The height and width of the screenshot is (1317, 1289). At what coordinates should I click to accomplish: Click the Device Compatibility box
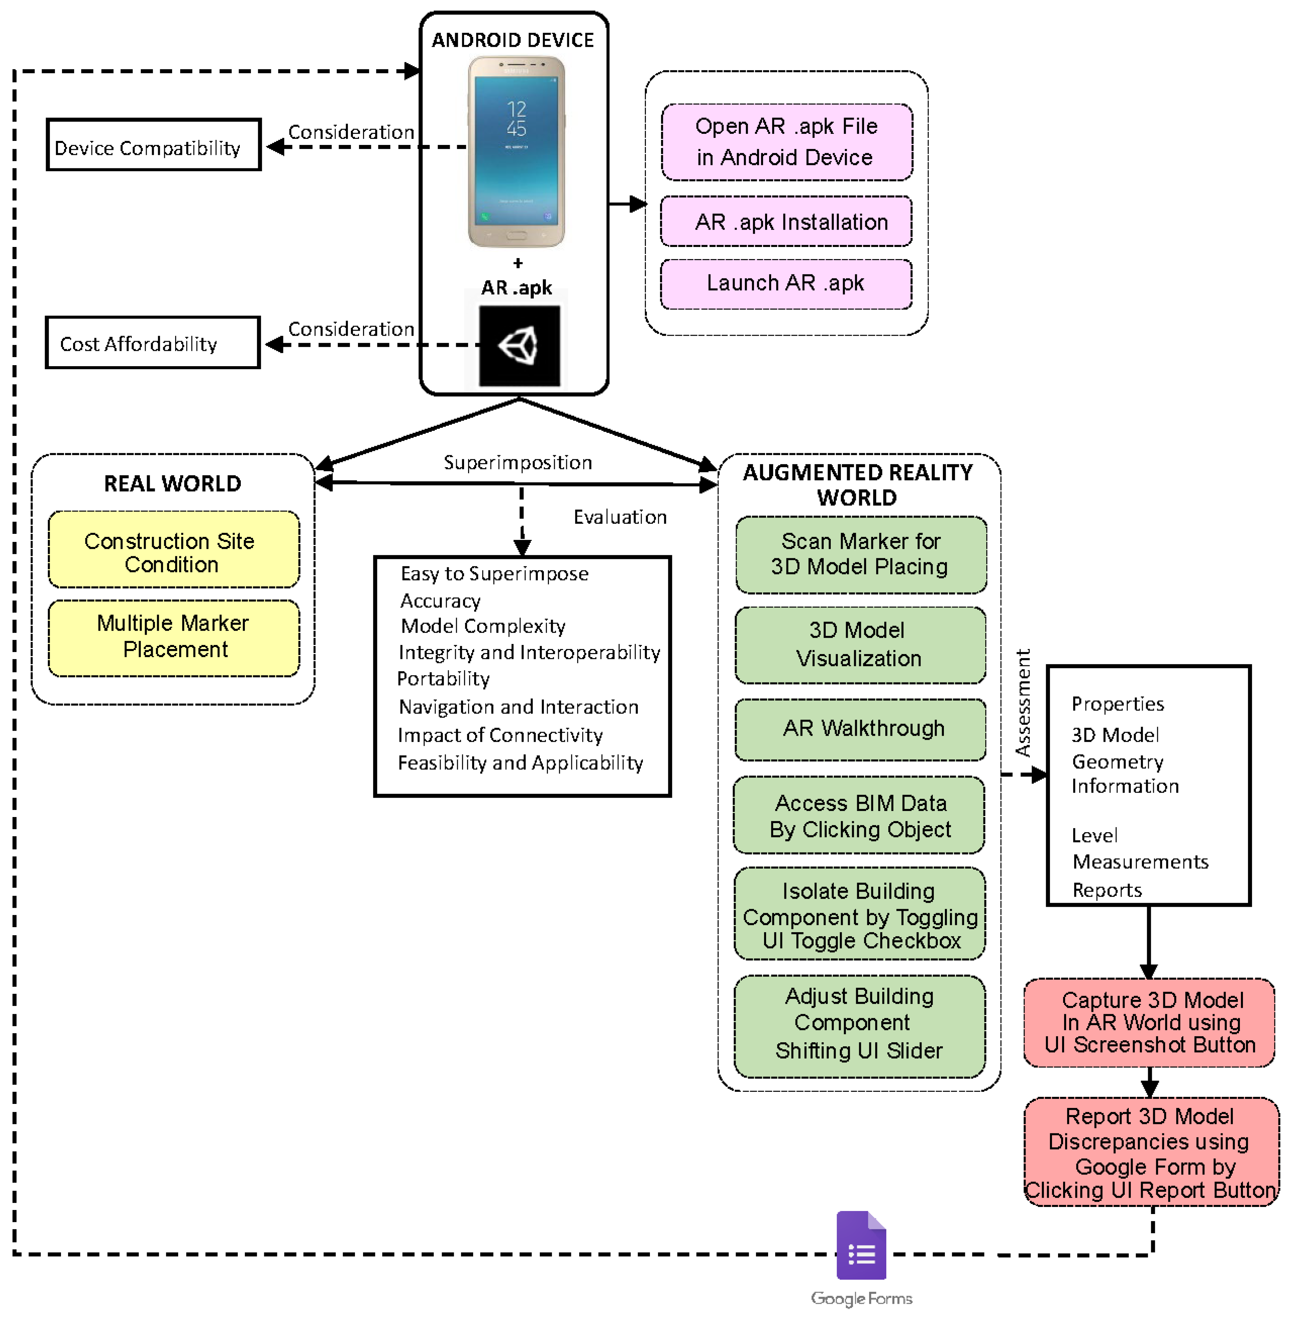154,145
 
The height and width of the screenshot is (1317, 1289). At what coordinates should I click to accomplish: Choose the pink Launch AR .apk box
786,284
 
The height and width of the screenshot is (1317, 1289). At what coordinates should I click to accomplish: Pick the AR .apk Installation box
786,222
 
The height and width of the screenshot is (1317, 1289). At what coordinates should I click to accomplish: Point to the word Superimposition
518,462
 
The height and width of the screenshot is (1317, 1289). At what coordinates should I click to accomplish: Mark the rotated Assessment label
1023,703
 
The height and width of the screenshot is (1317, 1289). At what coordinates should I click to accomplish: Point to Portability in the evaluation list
443,678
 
